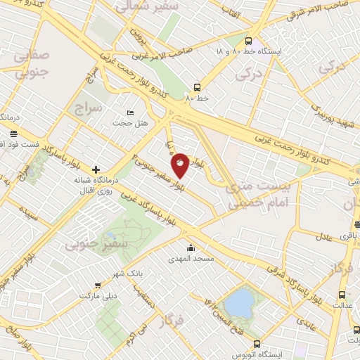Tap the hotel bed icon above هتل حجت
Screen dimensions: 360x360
pos(129,112)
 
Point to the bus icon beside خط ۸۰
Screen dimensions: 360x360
pos(197,88)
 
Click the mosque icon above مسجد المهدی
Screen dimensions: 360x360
pos(190,247)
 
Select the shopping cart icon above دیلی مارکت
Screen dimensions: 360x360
pos(97,285)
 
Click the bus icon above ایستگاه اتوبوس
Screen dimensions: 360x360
pos(256,345)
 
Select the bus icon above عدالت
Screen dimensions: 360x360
pos(342,295)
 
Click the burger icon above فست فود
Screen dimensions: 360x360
pos(14,133)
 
